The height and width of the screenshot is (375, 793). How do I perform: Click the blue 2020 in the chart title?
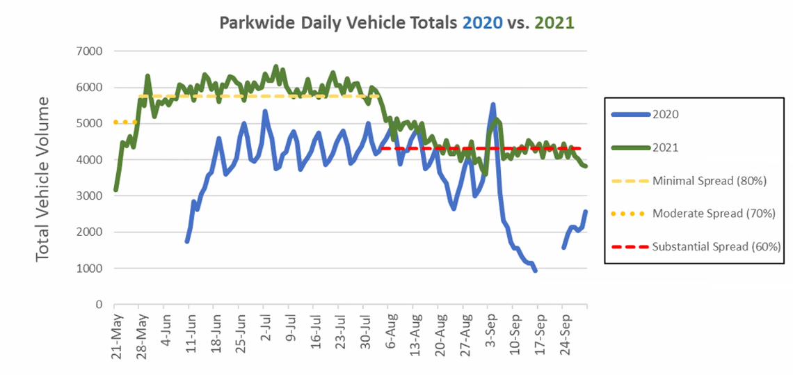coord(482,22)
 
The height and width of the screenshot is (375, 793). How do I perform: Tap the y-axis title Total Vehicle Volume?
coord(43,179)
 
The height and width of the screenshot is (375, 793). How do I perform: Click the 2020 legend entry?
coord(666,115)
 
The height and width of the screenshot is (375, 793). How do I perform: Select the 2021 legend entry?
coord(666,147)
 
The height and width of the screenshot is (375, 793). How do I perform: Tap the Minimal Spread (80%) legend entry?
coord(709,180)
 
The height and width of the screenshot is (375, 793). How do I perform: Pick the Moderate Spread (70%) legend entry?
coord(713,213)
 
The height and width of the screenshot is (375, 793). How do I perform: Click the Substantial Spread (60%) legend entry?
coord(716,246)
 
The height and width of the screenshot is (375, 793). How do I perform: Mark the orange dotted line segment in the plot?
coord(126,122)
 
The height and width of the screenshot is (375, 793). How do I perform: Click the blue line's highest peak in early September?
coord(492,105)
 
